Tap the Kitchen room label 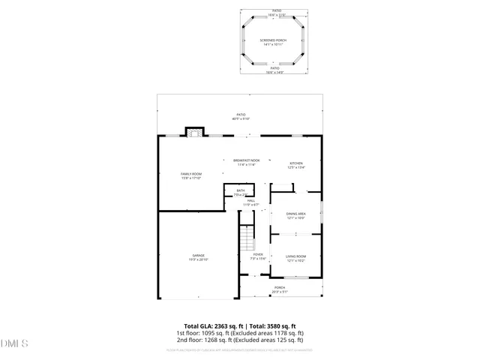pyautogui.click(x=296, y=163)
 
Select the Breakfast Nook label pyautogui.click(x=246, y=160)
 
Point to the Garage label pyautogui.click(x=198, y=256)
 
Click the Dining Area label pyautogui.click(x=295, y=214)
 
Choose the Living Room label pyautogui.click(x=295, y=256)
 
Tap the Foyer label pyautogui.click(x=258, y=255)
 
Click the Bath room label pyautogui.click(x=241, y=190)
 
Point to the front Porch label pyautogui.click(x=279, y=287)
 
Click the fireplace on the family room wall pyautogui.click(x=195, y=133)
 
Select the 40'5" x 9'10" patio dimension pyautogui.click(x=241, y=119)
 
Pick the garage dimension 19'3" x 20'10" pyautogui.click(x=198, y=259)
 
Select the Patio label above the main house pyautogui.click(x=241, y=115)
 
